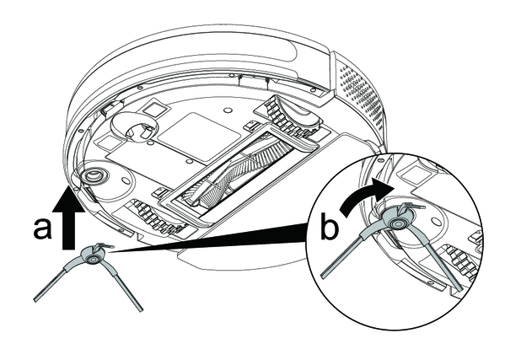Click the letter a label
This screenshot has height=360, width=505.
42,228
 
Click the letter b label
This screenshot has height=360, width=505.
330,227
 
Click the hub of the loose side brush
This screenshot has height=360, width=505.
93,259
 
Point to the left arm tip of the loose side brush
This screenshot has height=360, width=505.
36,299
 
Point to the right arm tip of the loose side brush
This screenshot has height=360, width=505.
141,309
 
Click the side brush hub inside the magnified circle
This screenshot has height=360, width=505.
394,224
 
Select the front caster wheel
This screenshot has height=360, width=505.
135,128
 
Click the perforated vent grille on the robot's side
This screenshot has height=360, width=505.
361,92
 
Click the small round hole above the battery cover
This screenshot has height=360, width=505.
227,110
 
